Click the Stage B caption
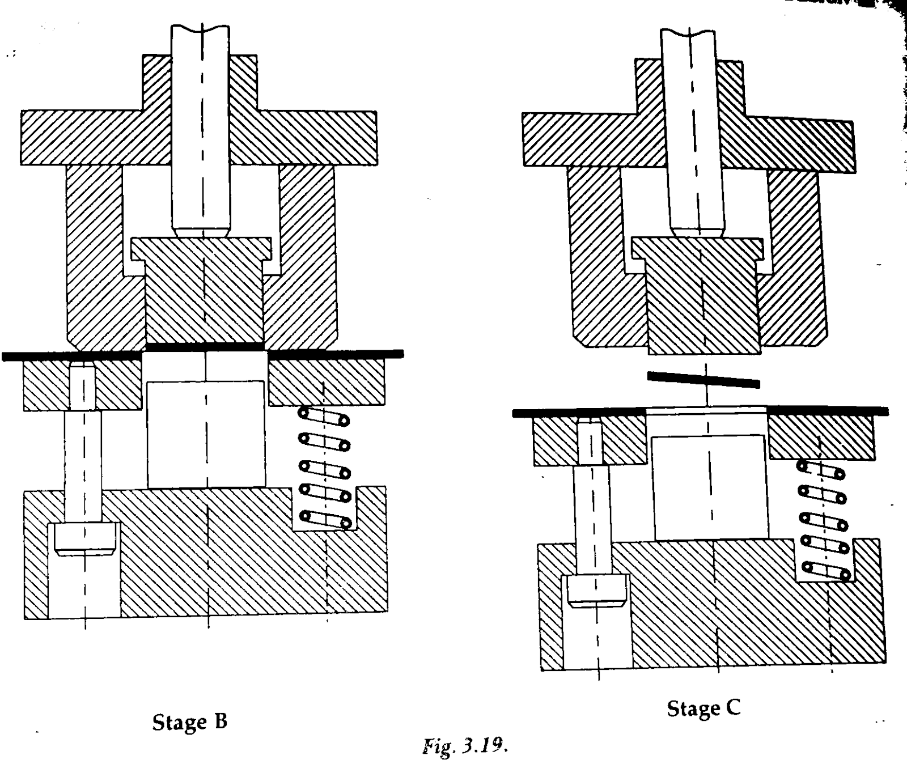[190, 721]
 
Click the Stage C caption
[703, 708]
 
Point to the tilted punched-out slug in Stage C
[703, 379]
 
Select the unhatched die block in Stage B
[206, 434]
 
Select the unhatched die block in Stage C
[710, 487]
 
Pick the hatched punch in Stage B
[203, 290]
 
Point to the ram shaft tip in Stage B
[202, 231]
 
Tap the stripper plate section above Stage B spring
[326, 383]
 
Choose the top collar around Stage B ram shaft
[200, 83]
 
